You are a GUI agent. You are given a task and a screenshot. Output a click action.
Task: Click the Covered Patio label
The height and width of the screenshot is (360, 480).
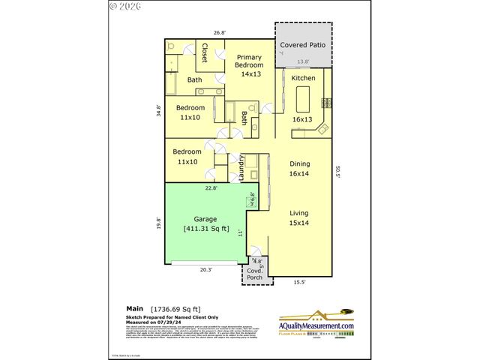tap(304, 46)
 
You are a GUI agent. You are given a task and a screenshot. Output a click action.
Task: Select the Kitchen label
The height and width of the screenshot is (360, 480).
tap(303, 78)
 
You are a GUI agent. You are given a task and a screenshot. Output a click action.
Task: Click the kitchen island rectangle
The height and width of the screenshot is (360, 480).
tap(304, 98)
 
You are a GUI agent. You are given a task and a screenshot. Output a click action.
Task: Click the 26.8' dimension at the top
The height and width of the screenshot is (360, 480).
tap(219, 33)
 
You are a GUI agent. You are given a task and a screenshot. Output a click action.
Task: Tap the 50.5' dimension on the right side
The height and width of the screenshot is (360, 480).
tap(339, 172)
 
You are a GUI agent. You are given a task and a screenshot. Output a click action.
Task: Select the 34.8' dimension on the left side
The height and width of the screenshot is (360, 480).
tap(158, 110)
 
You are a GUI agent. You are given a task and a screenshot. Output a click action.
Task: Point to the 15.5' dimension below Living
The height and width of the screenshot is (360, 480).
tap(299, 282)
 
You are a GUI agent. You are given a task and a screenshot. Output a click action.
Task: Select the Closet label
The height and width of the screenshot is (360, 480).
tap(205, 52)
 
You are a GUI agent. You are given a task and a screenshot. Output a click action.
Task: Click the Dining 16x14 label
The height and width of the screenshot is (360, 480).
tap(300, 169)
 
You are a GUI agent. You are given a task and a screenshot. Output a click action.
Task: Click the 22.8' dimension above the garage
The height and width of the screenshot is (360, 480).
tap(211, 188)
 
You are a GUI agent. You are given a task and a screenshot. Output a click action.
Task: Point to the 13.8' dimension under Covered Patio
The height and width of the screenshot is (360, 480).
tap(304, 61)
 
